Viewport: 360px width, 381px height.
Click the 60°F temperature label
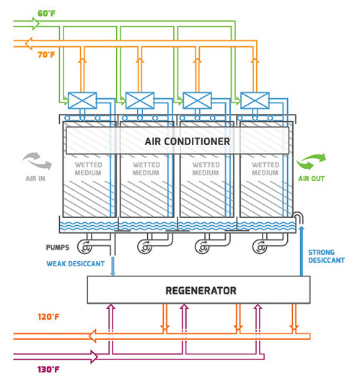46,14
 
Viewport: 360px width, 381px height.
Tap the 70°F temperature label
46,55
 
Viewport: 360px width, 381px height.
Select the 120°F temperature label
48,317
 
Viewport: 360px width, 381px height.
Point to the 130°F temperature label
48,369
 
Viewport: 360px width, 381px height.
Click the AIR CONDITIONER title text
188,141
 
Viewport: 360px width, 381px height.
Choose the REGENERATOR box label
201,291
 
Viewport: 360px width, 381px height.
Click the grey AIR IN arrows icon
38,161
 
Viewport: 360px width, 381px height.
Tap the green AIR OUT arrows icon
311,161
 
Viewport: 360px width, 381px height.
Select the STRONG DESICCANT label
327,256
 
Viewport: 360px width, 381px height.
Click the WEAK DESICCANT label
76,263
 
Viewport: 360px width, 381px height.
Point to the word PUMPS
58,248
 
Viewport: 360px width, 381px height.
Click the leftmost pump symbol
85,247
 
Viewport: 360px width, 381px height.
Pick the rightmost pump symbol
260,247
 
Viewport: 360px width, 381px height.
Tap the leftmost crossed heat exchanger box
82,100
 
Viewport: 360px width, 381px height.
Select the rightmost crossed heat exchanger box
255,100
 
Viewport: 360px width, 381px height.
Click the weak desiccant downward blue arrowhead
113,273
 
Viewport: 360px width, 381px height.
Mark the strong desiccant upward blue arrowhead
302,229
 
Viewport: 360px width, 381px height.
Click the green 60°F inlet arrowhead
36,24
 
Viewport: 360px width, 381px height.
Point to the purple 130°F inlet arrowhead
95,356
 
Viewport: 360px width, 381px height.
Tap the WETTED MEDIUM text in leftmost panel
89,169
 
